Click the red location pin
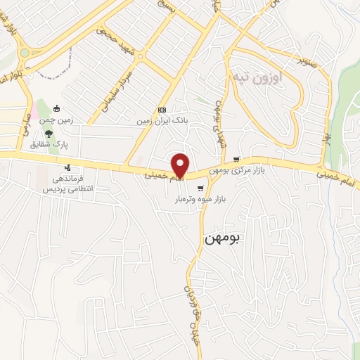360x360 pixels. (181, 165)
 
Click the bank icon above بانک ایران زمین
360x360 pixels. (162, 110)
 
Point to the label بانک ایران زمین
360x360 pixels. (163, 120)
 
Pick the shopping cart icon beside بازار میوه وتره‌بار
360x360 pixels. (201, 188)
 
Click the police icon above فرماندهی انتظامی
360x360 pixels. (67, 168)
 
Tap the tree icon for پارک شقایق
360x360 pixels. (47, 134)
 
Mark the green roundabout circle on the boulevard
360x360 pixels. (25, 53)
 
